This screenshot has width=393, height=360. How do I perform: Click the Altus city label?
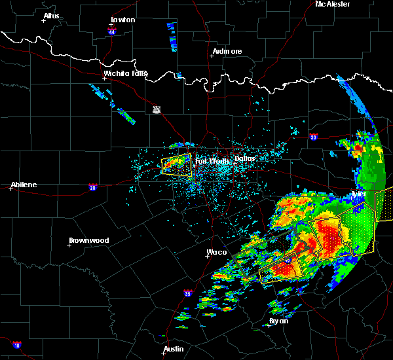(51, 15)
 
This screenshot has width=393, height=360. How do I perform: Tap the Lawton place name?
(122, 20)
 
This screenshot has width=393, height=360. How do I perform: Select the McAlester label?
(333, 4)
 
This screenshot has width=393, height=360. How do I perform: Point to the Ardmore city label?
(227, 51)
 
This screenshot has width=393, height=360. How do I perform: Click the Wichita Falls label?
(126, 73)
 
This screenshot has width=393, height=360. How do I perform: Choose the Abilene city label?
(23, 185)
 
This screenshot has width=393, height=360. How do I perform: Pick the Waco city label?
(216, 251)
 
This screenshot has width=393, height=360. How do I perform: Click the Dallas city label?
(245, 158)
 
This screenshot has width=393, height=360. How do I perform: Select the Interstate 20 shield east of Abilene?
(92, 186)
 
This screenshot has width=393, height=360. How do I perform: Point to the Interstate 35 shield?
(188, 293)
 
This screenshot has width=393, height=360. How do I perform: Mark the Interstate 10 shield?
(16, 345)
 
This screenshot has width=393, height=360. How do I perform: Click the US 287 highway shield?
(157, 109)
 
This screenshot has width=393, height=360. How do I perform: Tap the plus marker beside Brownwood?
(69, 245)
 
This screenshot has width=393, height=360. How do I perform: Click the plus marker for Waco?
(207, 256)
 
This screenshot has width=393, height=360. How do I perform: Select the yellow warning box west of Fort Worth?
(177, 164)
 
